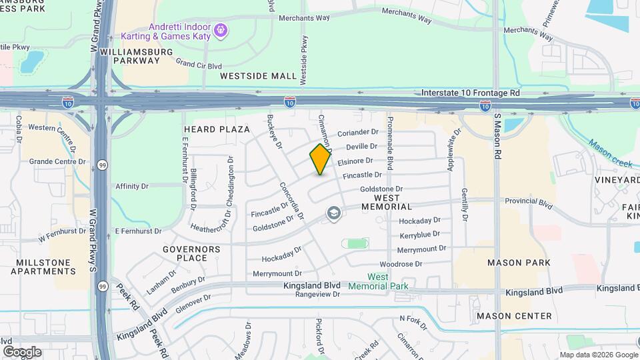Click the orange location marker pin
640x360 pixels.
(321, 159)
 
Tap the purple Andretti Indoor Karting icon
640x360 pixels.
(221, 30)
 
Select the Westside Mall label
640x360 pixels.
(259, 77)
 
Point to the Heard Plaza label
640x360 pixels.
(216, 129)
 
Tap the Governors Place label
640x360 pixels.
(191, 253)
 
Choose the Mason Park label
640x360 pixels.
(519, 263)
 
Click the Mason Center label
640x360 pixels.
(514, 316)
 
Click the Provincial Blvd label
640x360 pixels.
(529, 201)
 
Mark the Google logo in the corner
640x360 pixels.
(22, 351)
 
